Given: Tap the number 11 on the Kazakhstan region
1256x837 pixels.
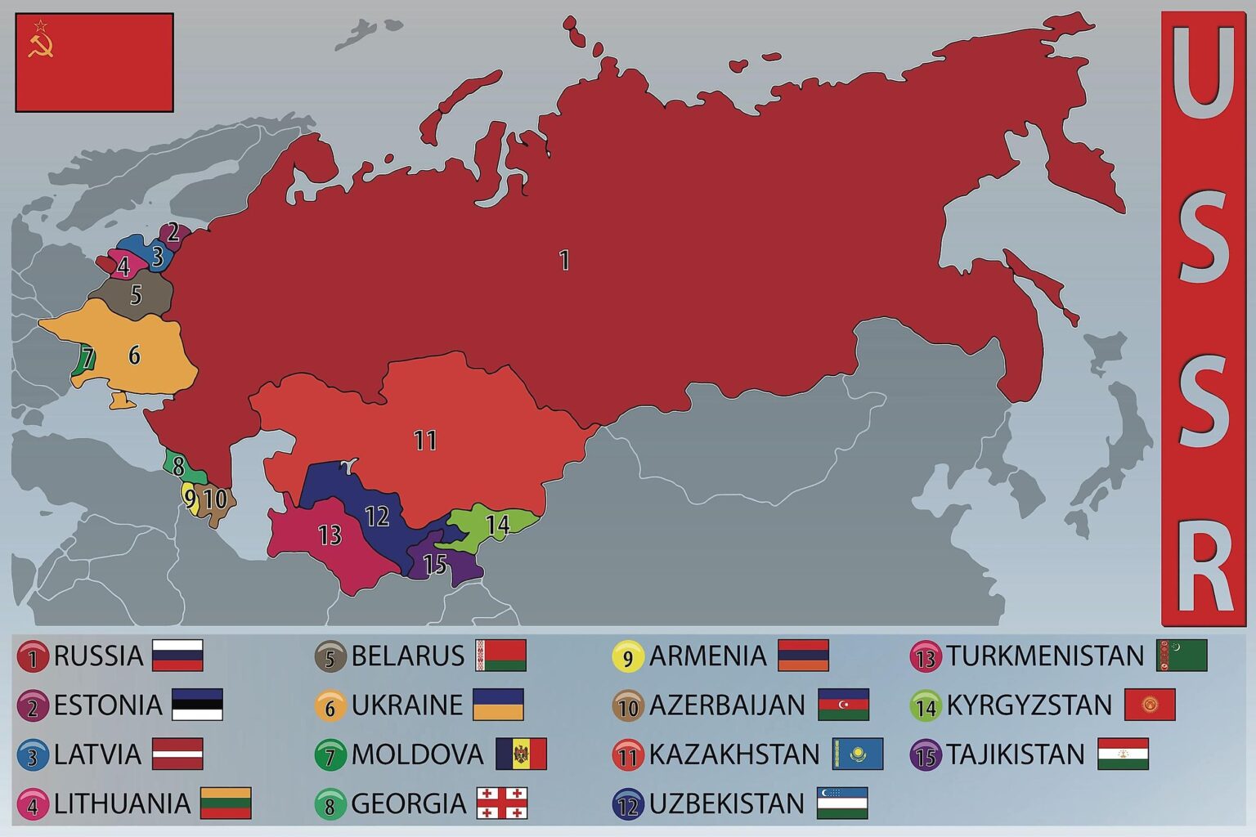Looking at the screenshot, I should [x=424, y=441].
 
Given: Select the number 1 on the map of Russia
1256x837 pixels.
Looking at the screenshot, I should [x=563, y=260].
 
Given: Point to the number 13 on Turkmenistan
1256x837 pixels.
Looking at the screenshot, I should [x=329, y=535].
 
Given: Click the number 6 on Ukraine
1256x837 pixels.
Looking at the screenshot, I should [x=134, y=355].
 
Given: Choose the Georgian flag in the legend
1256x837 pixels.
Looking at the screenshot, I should [x=502, y=803].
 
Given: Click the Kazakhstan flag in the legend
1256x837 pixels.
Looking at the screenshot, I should [x=858, y=754].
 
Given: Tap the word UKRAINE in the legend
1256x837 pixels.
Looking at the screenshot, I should [x=407, y=705].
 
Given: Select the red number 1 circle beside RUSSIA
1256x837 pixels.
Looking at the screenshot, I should [x=33, y=657].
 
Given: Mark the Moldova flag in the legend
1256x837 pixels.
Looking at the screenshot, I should [x=521, y=754].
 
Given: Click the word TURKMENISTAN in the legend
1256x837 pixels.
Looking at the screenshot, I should [x=1045, y=656].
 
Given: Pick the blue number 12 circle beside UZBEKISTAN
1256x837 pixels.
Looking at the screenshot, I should [x=628, y=804].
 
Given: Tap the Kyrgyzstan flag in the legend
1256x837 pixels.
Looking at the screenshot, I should [x=1150, y=705].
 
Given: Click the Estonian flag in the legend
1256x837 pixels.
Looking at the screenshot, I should [x=197, y=705].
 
